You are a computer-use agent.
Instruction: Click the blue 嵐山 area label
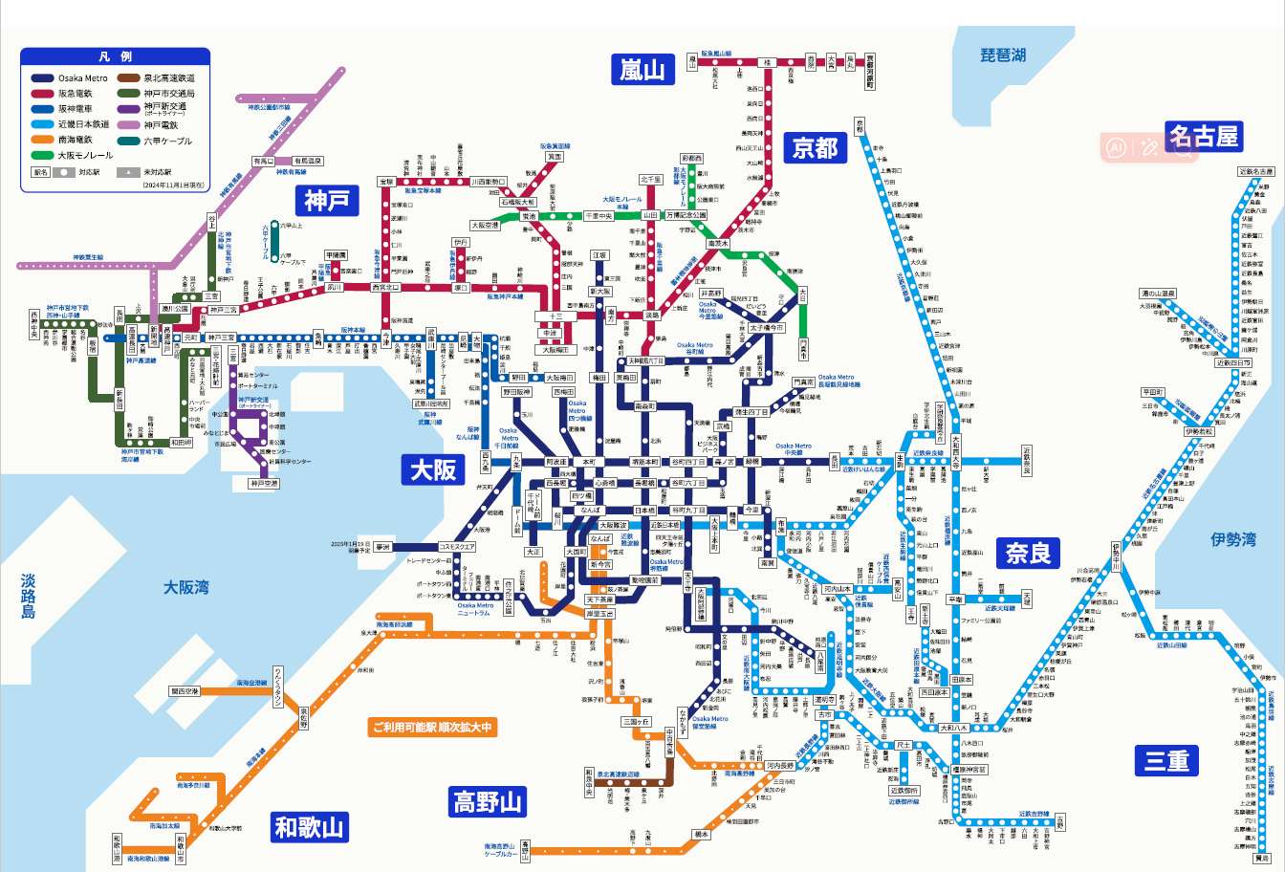click(x=642, y=70)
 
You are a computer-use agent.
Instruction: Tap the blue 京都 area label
click(x=815, y=147)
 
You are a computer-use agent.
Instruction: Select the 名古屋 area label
click(x=1203, y=136)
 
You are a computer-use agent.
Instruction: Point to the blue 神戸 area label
click(x=326, y=200)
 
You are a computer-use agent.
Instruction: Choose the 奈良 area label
click(x=1028, y=552)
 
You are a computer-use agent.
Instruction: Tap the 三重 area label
click(x=1165, y=760)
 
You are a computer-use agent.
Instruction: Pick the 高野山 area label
click(x=488, y=801)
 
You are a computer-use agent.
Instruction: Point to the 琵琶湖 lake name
click(x=1003, y=55)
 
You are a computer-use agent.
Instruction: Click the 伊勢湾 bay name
click(x=1232, y=540)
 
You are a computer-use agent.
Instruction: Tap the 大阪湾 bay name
click(x=185, y=587)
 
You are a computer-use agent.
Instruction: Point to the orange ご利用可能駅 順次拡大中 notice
click(x=433, y=728)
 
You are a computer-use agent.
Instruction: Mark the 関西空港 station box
click(x=185, y=690)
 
